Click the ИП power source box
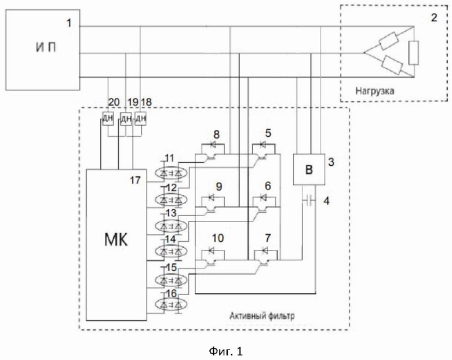(43, 50)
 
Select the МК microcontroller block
(116, 245)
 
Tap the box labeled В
(309, 169)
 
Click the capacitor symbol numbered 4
(309, 200)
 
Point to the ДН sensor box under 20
(108, 119)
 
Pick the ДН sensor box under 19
(126, 119)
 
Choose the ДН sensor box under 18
(140, 119)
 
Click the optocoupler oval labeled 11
(171, 173)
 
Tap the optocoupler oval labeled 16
(171, 304)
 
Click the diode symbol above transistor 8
(213, 144)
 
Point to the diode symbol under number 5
(263, 144)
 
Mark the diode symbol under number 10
(212, 251)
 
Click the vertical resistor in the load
(414, 53)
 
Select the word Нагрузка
(374, 91)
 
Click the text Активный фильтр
(262, 316)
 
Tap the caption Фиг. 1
(226, 351)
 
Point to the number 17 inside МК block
(135, 180)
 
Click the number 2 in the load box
(434, 17)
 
